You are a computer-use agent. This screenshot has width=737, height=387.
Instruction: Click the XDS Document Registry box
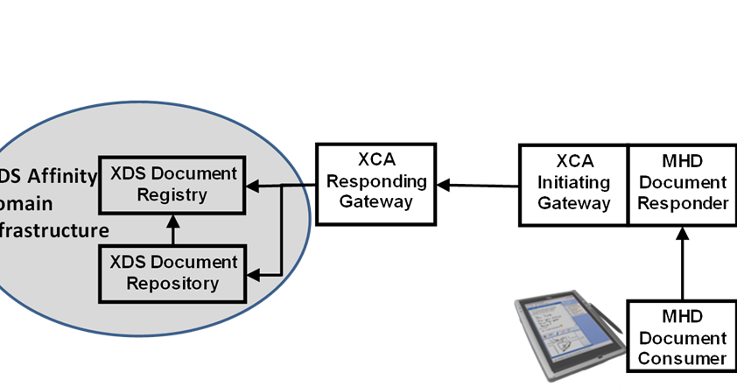pos(173,184)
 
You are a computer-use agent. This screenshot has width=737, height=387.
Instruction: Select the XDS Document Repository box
pos(173,272)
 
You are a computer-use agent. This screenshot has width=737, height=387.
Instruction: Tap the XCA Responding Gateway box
pos(376,183)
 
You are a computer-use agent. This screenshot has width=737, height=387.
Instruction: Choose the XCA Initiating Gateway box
pos(573,182)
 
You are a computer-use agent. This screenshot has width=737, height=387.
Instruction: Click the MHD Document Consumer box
pos(682,338)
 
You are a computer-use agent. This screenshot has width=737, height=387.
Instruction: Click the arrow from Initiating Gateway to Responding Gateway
pos(477,185)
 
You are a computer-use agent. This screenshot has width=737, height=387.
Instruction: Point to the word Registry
pos(172,194)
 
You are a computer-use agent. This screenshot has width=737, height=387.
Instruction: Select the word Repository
pos(172,284)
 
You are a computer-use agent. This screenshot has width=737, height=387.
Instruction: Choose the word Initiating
pos(573,182)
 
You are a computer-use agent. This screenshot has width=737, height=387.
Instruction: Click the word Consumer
pos(682,359)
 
